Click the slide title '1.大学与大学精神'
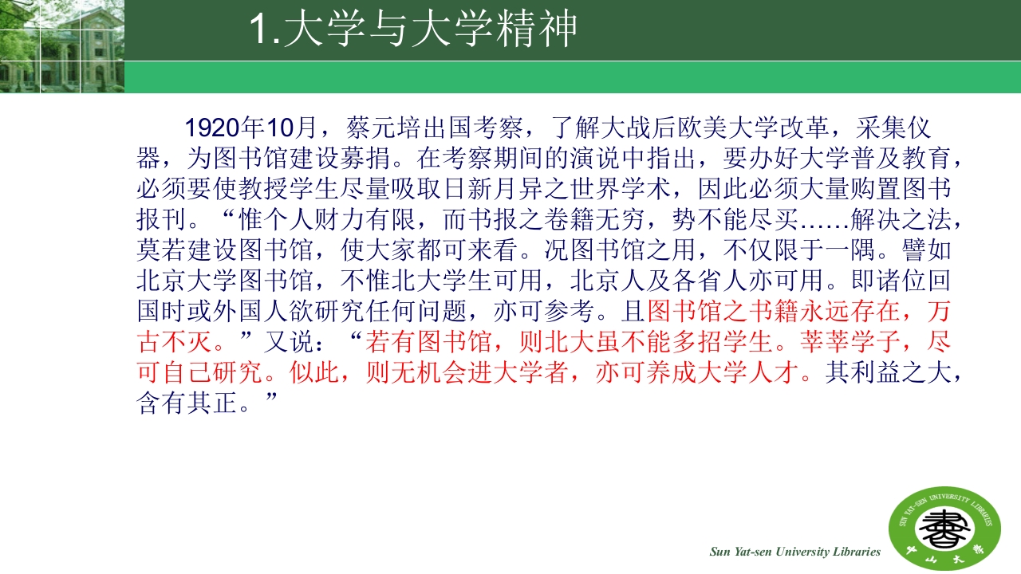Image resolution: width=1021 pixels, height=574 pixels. click(413, 30)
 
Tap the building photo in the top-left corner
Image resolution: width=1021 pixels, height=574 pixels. click(61, 46)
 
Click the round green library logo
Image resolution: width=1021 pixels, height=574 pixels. click(945, 528)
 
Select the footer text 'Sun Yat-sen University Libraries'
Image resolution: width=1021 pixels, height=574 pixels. click(795, 552)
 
